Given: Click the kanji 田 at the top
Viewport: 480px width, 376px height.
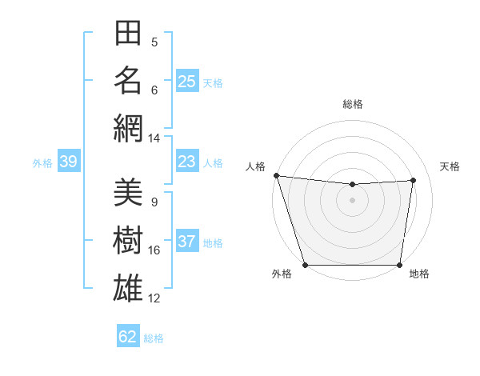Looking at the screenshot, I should (128, 34).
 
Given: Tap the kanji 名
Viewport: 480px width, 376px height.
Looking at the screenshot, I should (128, 81).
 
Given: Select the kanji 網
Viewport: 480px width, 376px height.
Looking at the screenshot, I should (128, 128).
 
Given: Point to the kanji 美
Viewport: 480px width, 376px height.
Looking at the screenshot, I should (128, 193).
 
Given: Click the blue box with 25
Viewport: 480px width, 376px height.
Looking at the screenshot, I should (187, 81).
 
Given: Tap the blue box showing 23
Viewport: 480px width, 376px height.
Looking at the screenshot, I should (187, 162).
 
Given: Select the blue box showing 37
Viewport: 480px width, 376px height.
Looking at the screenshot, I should (187, 242).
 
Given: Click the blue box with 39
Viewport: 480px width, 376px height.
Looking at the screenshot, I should (68, 162).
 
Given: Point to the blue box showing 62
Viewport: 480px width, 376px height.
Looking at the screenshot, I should (128, 337).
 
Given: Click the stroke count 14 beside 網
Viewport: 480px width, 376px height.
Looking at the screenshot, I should (154, 138).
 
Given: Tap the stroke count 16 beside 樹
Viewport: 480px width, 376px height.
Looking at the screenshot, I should (154, 250).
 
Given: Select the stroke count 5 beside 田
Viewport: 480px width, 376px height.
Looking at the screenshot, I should (154, 42).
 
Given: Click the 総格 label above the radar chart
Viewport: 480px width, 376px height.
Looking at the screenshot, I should (352, 104).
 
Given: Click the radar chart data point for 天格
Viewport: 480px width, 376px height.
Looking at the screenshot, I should (414, 180).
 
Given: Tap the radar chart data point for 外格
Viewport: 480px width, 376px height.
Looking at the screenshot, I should (305, 265).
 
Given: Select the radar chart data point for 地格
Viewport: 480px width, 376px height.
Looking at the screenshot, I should (400, 265).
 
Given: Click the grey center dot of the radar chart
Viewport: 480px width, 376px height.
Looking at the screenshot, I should (352, 200).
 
